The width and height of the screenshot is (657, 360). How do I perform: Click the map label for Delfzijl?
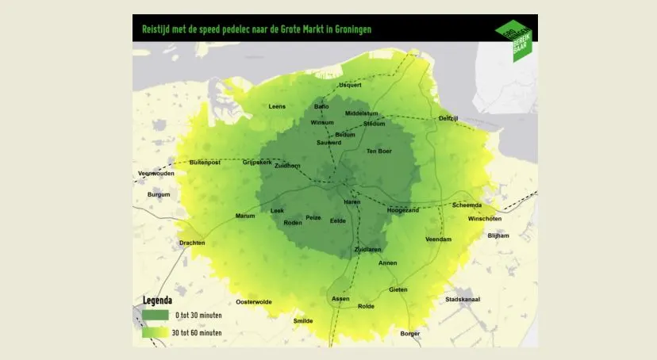pos(448,118)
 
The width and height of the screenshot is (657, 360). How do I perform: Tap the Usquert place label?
pos(350,85)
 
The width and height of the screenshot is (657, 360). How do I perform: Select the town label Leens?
pos(277,106)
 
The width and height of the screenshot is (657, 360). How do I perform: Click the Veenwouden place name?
pos(156,173)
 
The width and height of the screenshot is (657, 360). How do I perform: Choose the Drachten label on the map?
pos(192,243)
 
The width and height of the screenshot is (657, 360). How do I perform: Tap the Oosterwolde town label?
pos(254,301)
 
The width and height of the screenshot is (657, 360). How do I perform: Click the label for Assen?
pos(340,298)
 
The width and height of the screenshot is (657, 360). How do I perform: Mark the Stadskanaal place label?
pos(465,300)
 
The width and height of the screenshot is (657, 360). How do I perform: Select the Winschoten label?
pos(485,218)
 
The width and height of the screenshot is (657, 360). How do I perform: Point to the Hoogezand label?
pos(403,210)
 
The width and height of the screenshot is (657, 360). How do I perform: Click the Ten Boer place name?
pos(378,151)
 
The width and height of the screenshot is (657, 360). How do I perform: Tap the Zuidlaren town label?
pos(367,250)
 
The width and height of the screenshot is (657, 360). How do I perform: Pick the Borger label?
pos(409,334)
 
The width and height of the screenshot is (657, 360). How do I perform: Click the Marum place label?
pos(244,216)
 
